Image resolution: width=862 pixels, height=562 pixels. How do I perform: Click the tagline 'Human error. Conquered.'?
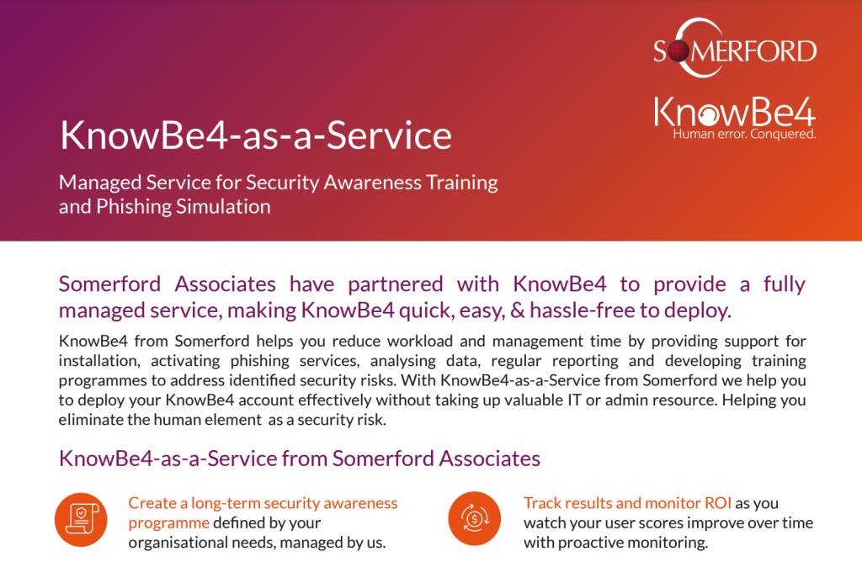[x=744, y=134]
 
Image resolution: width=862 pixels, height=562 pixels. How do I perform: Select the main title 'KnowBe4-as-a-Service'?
[x=256, y=135]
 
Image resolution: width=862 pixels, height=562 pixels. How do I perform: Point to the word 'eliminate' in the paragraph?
[x=90, y=419]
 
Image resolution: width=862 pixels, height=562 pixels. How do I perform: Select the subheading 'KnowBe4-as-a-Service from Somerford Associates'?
[x=300, y=459]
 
